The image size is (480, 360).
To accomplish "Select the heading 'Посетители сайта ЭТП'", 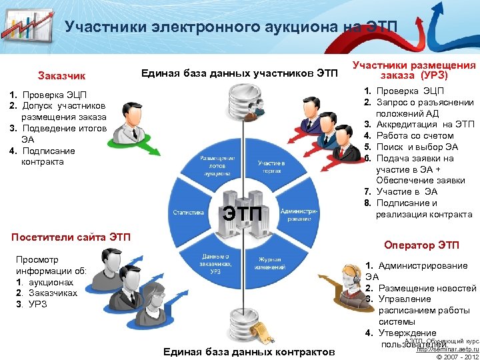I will coord(72,237).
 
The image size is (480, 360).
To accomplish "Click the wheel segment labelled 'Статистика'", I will coord(189,213).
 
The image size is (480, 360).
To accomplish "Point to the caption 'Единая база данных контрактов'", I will coord(249,351).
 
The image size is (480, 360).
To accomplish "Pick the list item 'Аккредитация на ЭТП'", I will coord(425,125).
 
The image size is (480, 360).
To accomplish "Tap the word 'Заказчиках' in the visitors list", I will coord(50,293).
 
